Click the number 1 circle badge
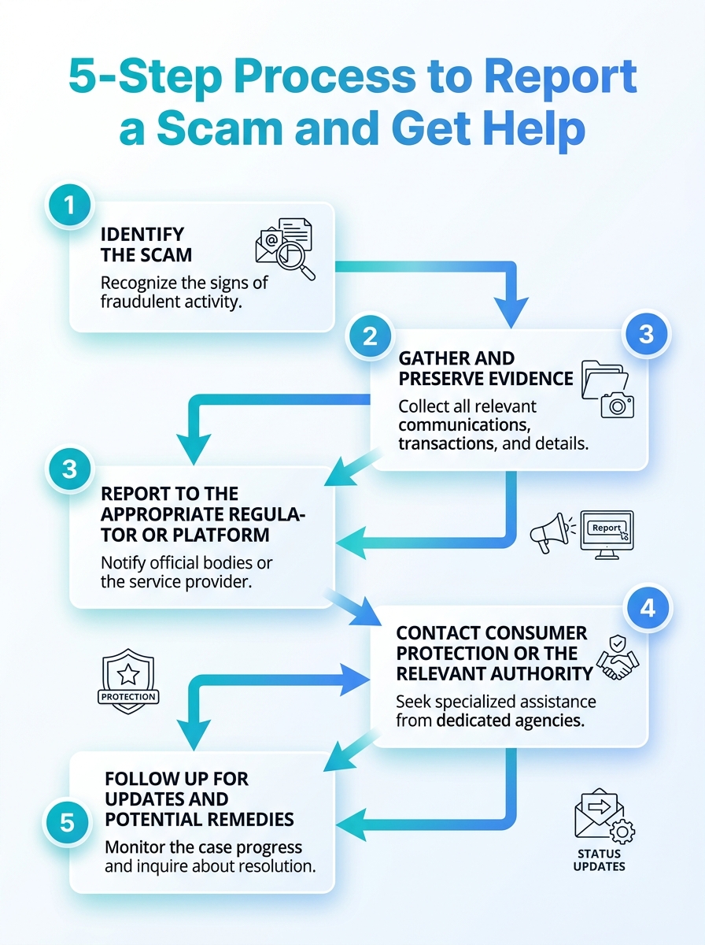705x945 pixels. click(x=69, y=206)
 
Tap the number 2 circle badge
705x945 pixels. click(x=370, y=335)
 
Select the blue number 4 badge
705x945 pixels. click(x=648, y=608)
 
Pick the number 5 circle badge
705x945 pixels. click(x=67, y=822)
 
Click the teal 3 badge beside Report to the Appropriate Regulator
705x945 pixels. click(x=69, y=469)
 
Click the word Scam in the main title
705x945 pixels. click(x=220, y=128)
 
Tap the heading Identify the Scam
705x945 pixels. click(x=146, y=245)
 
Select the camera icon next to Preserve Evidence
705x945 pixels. click(x=617, y=405)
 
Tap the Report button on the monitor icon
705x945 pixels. click(x=607, y=528)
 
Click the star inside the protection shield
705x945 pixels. click(x=128, y=674)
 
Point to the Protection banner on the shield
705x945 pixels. click(x=128, y=697)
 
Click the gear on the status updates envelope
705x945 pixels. click(x=622, y=832)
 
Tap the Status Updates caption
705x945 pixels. click(x=600, y=860)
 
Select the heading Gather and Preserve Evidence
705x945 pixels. click(x=485, y=369)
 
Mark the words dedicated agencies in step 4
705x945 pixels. click(x=511, y=721)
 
